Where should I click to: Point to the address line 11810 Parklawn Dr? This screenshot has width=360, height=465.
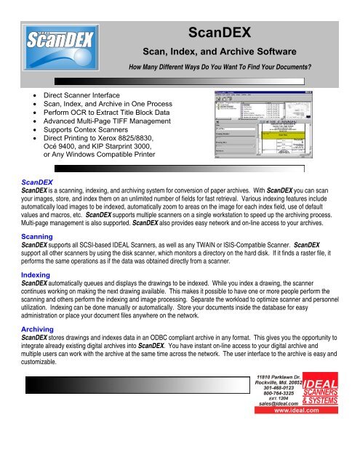(x=276, y=400)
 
